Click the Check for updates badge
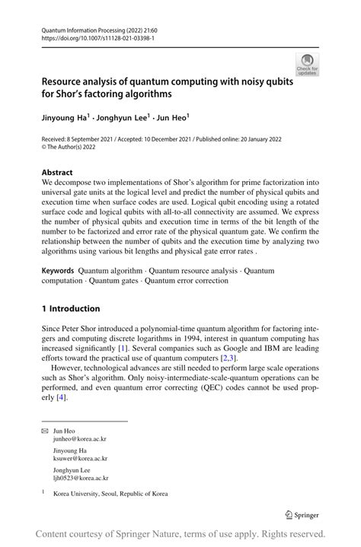tap(307, 64)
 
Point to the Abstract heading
tap(58, 173)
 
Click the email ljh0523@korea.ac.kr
tap(81, 479)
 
